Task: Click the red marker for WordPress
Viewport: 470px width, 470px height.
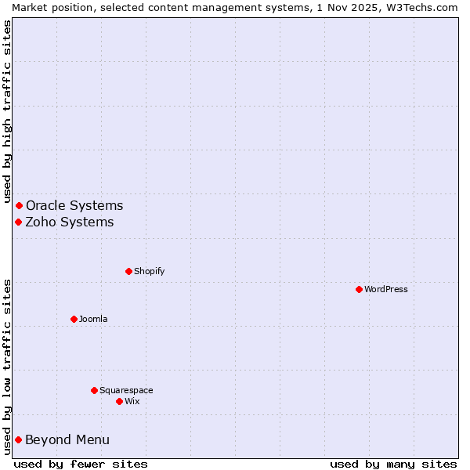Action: coord(359,289)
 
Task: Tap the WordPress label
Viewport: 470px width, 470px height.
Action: coord(385,289)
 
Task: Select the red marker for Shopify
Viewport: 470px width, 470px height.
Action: coord(128,271)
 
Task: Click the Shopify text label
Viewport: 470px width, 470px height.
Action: coord(149,271)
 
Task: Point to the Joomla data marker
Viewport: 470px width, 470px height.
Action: coord(74,319)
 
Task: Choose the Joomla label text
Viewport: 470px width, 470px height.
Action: coord(93,319)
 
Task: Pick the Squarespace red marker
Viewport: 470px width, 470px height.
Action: coord(94,390)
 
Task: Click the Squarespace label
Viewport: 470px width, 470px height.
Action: coord(126,390)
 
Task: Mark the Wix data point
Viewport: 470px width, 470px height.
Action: coord(119,401)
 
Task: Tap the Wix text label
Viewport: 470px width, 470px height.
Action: coord(132,401)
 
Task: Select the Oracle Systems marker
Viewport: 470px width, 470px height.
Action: coord(19,205)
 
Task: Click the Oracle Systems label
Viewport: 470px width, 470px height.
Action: coord(74,205)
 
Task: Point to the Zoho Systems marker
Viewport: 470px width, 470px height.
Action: coord(18,222)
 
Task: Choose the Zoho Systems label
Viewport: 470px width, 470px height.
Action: coord(70,222)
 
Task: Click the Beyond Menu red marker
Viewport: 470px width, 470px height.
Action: coord(18,439)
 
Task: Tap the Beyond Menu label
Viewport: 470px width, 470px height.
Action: coord(67,439)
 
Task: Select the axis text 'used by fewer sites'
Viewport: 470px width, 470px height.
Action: coord(81,464)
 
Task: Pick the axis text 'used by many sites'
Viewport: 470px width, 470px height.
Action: coord(393,464)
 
